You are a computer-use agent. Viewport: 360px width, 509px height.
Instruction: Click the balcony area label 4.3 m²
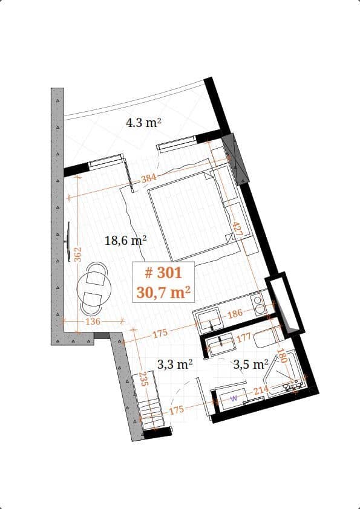143,123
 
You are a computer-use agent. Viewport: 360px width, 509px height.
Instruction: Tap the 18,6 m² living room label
126,240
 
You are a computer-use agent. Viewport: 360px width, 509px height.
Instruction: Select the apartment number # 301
163,273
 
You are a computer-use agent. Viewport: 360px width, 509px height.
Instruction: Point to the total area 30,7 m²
163,293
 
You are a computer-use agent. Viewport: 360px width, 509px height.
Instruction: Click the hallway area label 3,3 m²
174,364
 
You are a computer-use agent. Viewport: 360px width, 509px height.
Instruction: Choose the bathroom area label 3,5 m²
251,364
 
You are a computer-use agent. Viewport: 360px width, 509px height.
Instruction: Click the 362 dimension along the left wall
77,253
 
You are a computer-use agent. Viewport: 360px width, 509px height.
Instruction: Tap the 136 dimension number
92,321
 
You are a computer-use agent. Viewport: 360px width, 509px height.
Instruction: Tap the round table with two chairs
96,285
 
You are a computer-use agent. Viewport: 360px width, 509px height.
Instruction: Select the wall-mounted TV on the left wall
68,241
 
